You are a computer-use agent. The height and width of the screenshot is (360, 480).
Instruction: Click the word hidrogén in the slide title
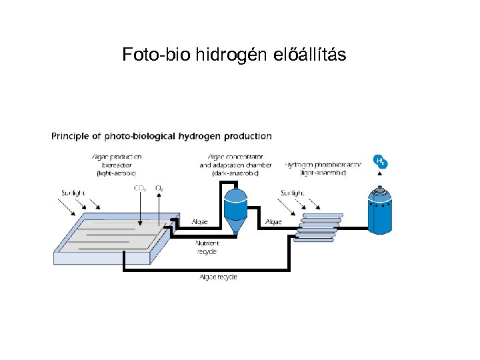[x=233, y=55]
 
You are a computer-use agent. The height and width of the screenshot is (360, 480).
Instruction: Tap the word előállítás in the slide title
[x=310, y=55]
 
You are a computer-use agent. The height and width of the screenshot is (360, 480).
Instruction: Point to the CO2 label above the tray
[x=141, y=189]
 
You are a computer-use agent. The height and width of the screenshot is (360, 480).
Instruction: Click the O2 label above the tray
[x=159, y=189]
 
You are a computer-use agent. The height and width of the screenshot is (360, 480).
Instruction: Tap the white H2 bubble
[x=380, y=162]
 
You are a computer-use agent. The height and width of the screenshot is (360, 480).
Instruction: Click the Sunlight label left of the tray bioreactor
[x=73, y=193]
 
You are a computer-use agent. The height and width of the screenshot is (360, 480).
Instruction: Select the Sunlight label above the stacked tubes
[x=293, y=193]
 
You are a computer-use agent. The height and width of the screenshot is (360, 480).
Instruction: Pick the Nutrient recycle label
[x=207, y=248]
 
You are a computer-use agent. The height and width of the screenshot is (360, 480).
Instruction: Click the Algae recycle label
[x=219, y=277]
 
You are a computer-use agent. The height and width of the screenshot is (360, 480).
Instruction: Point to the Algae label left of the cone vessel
[x=199, y=221]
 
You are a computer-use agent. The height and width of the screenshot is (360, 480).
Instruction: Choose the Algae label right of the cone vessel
[x=273, y=221]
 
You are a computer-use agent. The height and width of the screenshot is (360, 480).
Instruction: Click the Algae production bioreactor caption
[x=117, y=164]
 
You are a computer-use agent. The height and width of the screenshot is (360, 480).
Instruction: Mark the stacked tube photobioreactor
[x=319, y=227]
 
